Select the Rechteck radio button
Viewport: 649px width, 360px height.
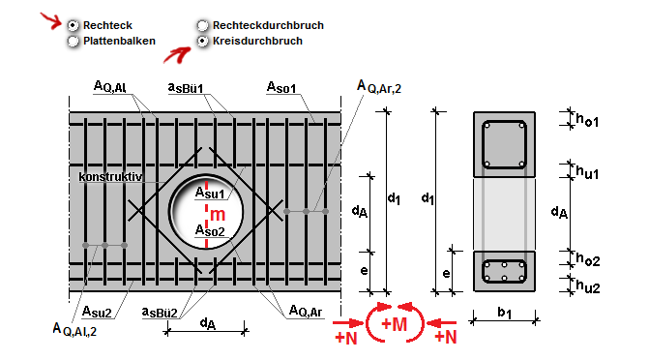(73, 26)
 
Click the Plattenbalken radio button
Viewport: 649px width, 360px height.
(73, 41)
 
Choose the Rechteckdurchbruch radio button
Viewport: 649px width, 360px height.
(202, 26)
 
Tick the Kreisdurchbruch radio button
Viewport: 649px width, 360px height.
(202, 41)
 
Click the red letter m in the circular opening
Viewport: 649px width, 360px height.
(218, 215)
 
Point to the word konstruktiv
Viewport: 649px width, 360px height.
(110, 177)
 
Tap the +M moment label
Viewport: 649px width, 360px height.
(394, 324)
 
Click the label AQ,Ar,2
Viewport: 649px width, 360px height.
(379, 86)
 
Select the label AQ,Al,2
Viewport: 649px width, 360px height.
(74, 329)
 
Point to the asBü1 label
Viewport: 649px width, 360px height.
(186, 87)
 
